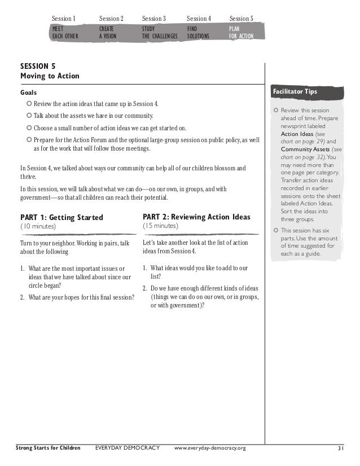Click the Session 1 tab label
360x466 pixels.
[64, 19]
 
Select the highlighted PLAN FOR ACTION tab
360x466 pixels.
[242, 32]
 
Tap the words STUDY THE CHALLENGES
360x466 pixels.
[160, 32]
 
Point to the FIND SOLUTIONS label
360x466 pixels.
[198, 32]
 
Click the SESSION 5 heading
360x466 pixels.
[38, 65]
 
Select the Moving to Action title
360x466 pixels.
[50, 76]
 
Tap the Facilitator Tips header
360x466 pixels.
[295, 91]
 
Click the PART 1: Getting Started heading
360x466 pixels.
[62, 217]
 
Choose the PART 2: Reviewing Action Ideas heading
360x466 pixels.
[196, 217]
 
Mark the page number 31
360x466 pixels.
[341, 448]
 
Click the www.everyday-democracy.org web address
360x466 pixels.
[210, 448]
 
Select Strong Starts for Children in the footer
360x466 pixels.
[47, 448]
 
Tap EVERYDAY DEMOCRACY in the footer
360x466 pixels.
[128, 448]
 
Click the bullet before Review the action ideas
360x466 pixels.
[29, 104]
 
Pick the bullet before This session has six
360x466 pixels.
[275, 230]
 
